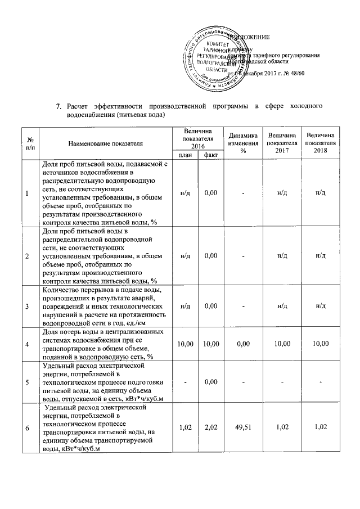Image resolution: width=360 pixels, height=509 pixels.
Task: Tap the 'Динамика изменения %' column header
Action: click(x=243, y=143)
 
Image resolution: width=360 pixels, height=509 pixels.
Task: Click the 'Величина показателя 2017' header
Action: click(x=282, y=143)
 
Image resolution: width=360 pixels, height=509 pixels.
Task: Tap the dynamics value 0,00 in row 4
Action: click(x=243, y=343)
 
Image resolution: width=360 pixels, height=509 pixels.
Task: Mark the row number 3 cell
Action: click(x=28, y=306)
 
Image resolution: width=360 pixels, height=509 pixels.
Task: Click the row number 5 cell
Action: click(x=28, y=382)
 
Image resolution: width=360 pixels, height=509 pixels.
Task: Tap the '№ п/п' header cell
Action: click(x=28, y=143)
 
